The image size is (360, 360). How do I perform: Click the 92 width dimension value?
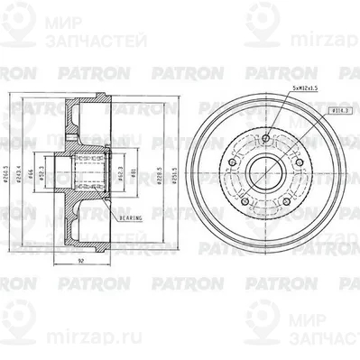pos(81,261)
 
